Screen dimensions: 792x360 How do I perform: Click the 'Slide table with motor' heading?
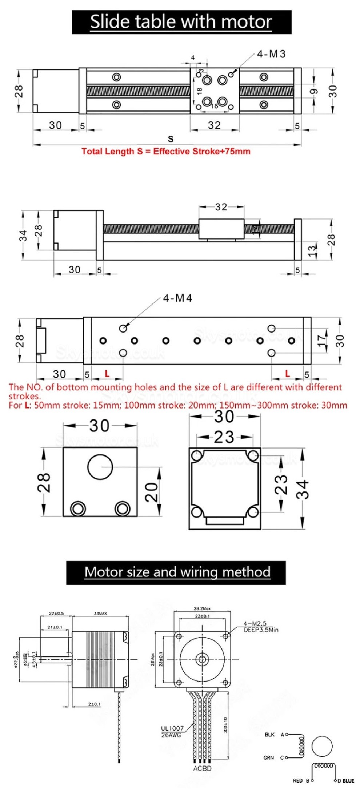click(181, 22)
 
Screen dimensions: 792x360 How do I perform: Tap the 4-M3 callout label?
click(271, 54)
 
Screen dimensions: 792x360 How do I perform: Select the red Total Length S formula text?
click(166, 152)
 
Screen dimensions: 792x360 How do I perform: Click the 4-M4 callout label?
click(177, 298)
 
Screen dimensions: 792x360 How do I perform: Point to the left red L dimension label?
click(107, 373)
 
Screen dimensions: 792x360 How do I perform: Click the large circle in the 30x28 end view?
click(100, 467)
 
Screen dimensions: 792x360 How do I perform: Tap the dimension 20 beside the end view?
click(152, 492)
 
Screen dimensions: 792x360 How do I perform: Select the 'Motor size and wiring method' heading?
click(177, 572)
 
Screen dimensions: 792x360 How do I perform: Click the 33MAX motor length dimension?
click(100, 614)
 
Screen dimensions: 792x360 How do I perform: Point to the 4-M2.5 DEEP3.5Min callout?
click(260, 627)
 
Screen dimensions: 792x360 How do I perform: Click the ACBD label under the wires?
click(202, 768)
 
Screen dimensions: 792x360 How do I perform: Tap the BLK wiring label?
click(270, 735)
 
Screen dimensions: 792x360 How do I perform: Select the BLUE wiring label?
click(348, 780)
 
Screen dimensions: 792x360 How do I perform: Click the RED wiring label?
click(297, 780)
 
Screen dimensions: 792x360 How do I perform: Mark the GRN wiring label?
click(269, 757)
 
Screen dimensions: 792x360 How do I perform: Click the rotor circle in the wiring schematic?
click(323, 746)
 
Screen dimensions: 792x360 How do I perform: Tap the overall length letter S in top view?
click(171, 139)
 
